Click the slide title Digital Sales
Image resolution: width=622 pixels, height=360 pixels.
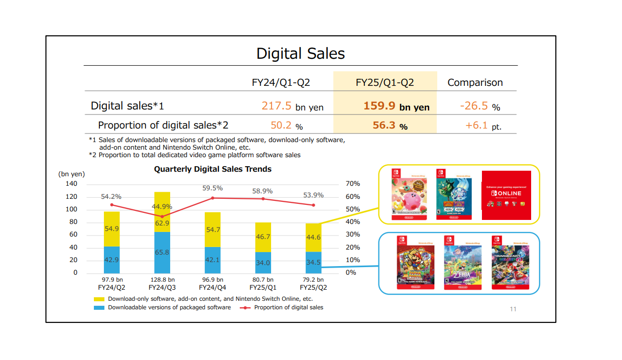click(300, 54)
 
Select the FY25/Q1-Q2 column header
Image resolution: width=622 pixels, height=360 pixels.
click(385, 83)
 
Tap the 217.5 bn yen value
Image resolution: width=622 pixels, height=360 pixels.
click(292, 106)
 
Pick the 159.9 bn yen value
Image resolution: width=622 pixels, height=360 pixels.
click(396, 106)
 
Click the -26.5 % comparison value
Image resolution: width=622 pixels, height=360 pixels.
click(479, 106)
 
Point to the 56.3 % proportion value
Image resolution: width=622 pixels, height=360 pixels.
click(390, 126)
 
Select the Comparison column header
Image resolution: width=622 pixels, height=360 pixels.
click(475, 83)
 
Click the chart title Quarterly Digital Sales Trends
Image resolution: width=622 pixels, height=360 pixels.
click(212, 169)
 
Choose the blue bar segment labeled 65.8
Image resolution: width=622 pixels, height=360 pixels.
click(162, 252)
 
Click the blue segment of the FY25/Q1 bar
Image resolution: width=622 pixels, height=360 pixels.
click(263, 262)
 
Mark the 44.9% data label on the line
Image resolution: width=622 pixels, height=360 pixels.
click(162, 206)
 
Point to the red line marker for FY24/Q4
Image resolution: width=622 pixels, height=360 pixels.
click(213, 198)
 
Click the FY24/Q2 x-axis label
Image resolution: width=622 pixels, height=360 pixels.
click(111, 288)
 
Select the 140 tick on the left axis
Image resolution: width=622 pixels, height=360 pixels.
click(71, 184)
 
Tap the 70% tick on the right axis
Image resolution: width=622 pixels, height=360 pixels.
click(353, 184)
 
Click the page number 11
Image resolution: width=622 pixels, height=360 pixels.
click(513, 309)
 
